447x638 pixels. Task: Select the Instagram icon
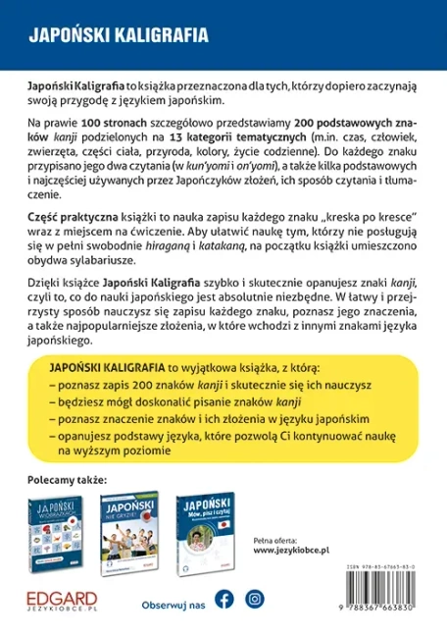255,598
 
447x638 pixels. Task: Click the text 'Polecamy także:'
67,481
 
